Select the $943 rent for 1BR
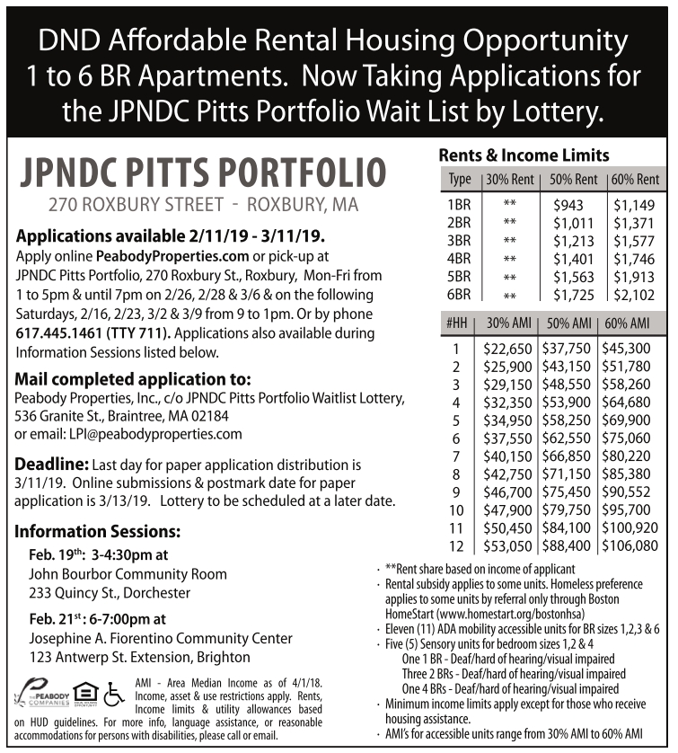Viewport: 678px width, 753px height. click(568, 205)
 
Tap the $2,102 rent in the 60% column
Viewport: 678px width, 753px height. click(634, 295)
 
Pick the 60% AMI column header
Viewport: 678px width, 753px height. click(629, 323)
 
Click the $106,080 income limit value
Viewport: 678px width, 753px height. click(630, 545)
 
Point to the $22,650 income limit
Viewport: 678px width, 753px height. click(508, 349)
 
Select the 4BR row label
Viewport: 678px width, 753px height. click(458, 259)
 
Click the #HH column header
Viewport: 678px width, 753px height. click(457, 323)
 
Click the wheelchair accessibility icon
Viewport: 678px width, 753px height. click(113, 691)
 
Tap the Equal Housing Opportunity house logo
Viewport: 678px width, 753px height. click(85, 691)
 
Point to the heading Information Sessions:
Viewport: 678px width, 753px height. click(98, 530)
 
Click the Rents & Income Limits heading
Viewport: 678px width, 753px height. click(524, 155)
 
